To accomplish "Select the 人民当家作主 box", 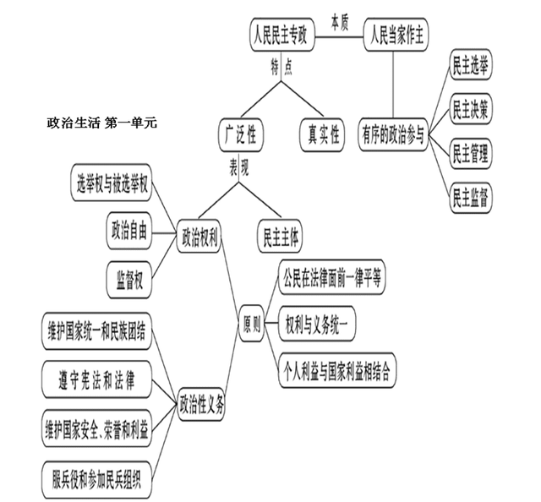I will [397, 36].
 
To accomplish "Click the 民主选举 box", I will [471, 67].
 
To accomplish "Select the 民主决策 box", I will [471, 110].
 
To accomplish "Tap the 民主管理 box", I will [471, 154].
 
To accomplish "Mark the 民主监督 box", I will [471, 198].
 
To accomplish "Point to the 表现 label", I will [239, 167].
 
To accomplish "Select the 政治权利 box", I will [199, 237].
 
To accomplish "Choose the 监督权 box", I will [128, 278].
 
